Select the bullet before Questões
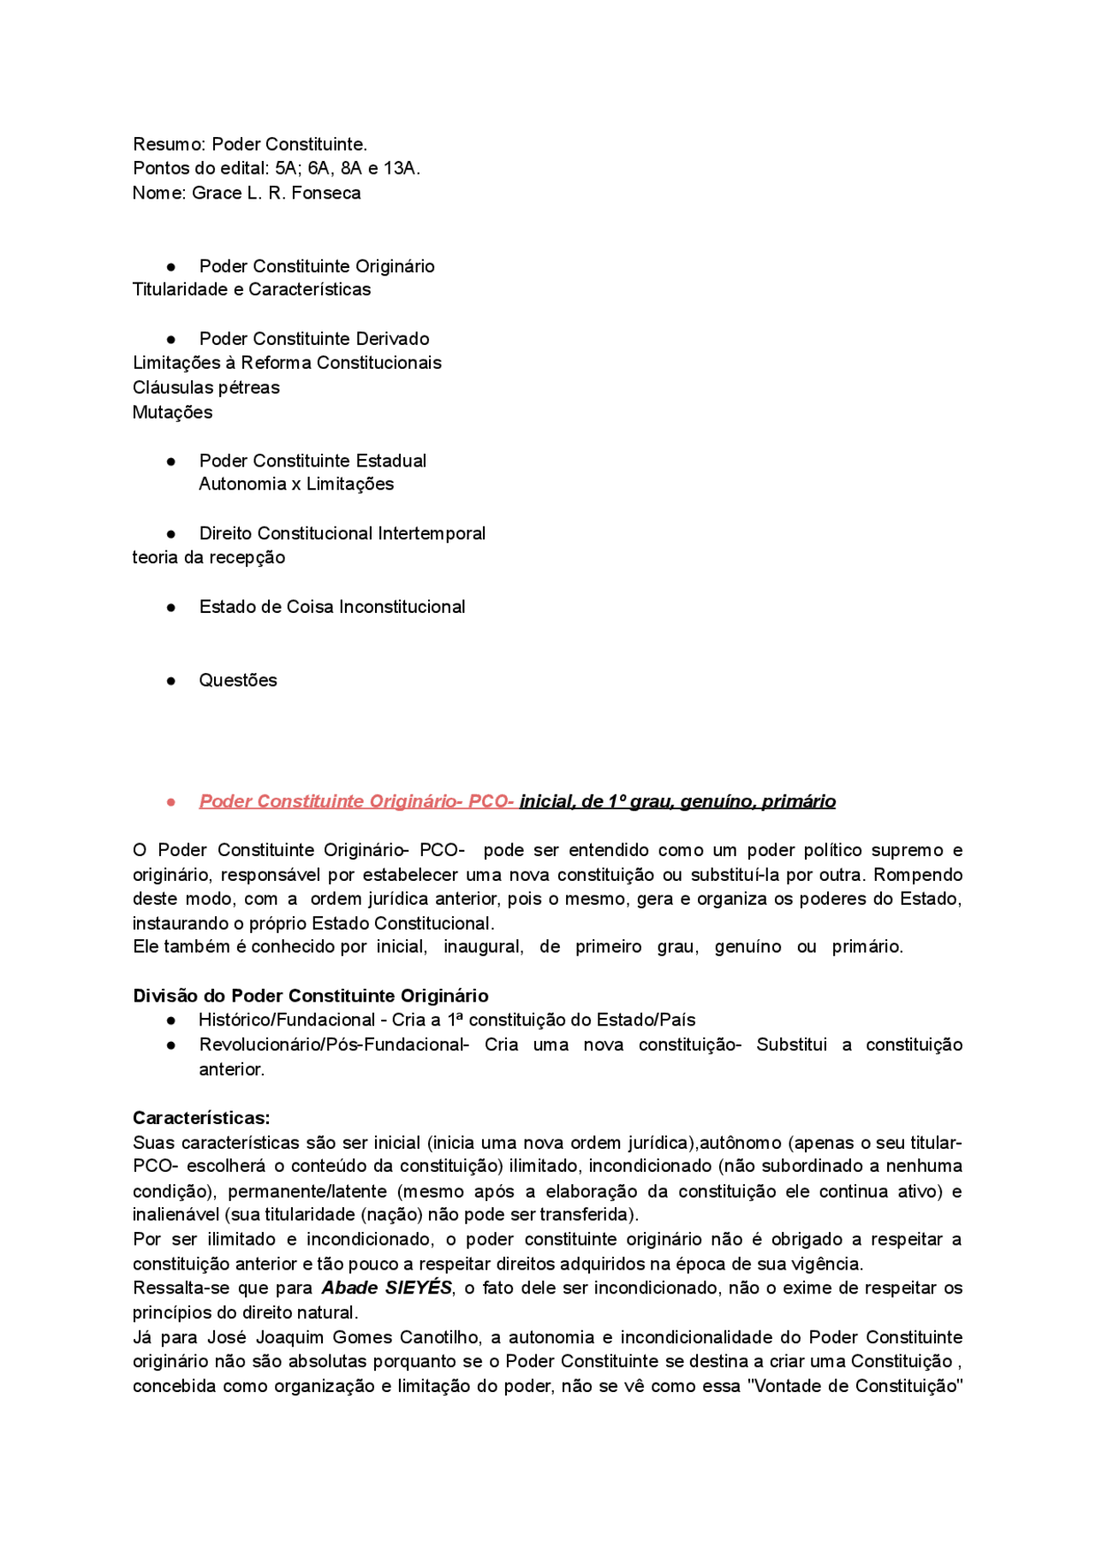coord(171,681)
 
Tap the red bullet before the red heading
coord(171,802)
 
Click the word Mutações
coord(172,413)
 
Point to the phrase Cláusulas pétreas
coord(205,388)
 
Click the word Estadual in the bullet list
coord(393,461)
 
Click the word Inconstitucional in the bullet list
coord(402,608)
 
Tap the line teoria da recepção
coord(208,558)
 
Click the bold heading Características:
coord(201,1118)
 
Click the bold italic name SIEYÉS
coord(418,1288)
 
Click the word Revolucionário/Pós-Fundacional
coord(334,1045)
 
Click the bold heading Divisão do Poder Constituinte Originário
coord(310,997)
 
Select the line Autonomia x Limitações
coord(296,485)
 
